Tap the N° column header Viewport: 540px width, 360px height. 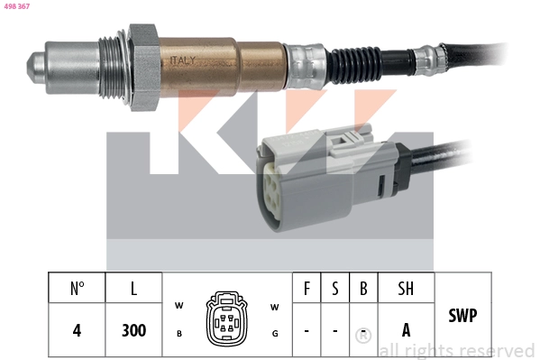click(77, 289)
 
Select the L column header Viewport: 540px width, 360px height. click(133, 289)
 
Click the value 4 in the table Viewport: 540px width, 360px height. click(77, 330)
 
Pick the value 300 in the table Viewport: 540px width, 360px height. click(133, 330)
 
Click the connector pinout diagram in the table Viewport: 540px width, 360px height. click(226, 318)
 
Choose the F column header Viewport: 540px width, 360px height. click(307, 289)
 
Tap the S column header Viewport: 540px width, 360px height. click(334, 289)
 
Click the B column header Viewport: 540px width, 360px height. click(362, 289)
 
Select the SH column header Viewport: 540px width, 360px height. click(406, 289)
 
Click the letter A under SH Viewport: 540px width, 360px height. click(406, 330)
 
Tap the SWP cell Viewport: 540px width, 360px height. click(462, 317)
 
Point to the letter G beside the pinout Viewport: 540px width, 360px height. click(274, 333)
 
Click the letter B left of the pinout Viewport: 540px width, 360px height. click(179, 333)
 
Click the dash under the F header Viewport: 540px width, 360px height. click(307, 331)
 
